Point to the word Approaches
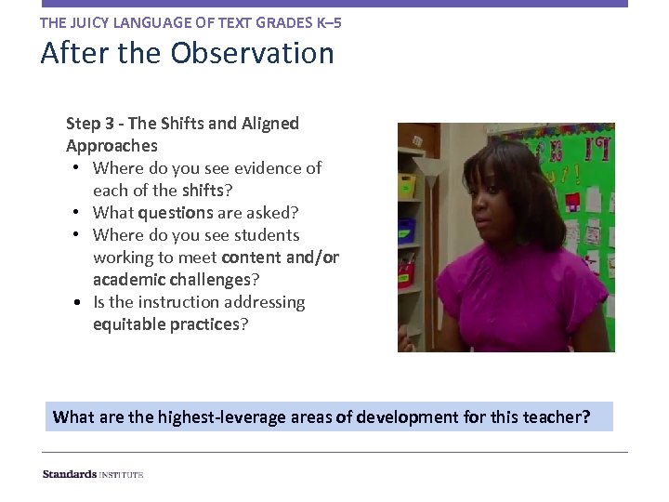pyautogui.click(x=111, y=146)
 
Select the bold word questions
pyautogui.click(x=177, y=213)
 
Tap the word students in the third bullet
pyautogui.click(x=267, y=235)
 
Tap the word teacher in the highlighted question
pyautogui.click(x=553, y=416)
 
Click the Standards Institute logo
pyautogui.click(x=93, y=474)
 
